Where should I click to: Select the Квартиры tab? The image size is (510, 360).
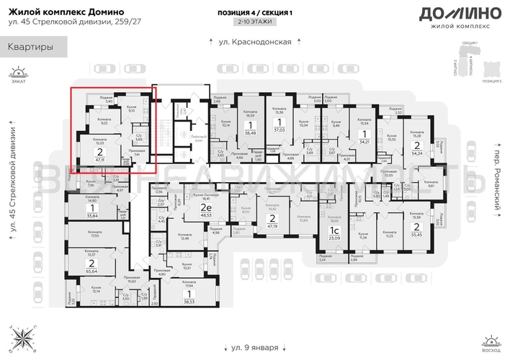click(x=31, y=48)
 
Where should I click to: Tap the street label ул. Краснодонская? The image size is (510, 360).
click(x=254, y=42)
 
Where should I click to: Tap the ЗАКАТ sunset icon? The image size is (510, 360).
click(x=15, y=74)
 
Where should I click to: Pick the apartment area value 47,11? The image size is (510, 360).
click(x=99, y=161)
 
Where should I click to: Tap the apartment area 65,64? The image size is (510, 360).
click(x=92, y=271)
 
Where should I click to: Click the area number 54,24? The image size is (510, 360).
click(x=417, y=153)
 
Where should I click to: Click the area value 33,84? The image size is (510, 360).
click(x=91, y=215)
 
